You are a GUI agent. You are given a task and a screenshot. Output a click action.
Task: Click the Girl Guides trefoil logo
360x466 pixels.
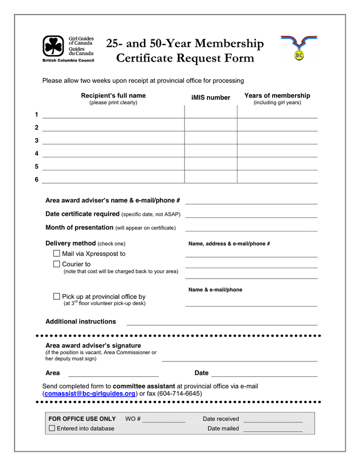pyautogui.click(x=53, y=46)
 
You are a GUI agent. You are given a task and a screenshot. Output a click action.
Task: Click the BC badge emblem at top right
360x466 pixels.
pyautogui.click(x=299, y=48)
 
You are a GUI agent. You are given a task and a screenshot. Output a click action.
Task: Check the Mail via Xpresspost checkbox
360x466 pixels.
pyautogui.click(x=56, y=254)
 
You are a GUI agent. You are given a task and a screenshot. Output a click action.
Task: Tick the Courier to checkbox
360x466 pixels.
pyautogui.click(x=56, y=264)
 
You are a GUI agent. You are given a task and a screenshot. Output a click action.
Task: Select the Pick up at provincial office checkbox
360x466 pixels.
pyautogui.click(x=56, y=297)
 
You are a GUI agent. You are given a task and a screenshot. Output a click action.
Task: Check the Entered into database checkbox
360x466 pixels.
pyautogui.click(x=52, y=428)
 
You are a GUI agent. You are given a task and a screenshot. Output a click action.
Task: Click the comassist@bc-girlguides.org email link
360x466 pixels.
pyautogui.click(x=90, y=394)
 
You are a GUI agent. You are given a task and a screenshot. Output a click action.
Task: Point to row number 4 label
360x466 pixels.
pyautogui.click(x=37, y=154)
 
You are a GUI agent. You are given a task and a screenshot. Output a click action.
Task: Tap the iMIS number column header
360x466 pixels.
pyautogui.click(x=211, y=98)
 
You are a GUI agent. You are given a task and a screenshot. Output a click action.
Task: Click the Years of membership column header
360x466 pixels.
pyautogui.click(x=277, y=96)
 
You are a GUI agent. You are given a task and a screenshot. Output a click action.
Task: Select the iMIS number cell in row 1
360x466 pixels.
pyautogui.click(x=211, y=112)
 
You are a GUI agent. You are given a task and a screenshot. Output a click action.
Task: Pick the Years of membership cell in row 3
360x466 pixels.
pyautogui.click(x=277, y=138)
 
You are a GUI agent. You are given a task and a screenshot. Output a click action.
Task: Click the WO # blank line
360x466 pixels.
pyautogui.click(x=163, y=420)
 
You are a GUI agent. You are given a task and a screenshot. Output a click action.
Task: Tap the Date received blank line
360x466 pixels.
pyautogui.click(x=273, y=420)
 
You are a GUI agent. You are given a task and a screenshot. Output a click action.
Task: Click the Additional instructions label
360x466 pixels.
pyautogui.click(x=81, y=322)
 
